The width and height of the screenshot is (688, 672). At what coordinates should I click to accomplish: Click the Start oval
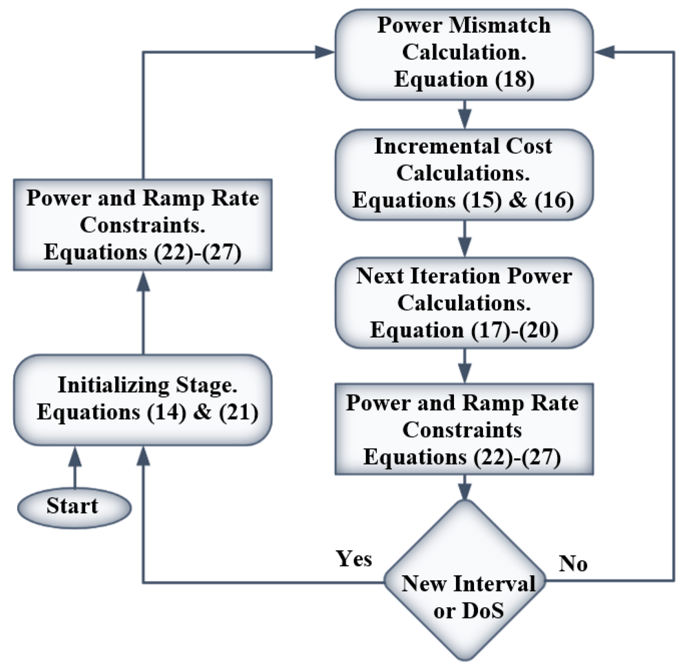click(74, 508)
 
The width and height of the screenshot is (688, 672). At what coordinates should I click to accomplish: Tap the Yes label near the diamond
click(354, 559)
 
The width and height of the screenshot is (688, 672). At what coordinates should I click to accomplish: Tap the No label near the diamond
click(573, 564)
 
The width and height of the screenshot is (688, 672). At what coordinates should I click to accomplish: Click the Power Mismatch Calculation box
click(464, 54)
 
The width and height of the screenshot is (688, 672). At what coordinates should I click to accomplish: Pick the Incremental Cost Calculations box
click(464, 174)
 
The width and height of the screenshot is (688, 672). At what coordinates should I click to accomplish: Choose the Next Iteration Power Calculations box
click(464, 303)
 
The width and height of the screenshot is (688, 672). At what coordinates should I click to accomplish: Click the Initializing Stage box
click(143, 400)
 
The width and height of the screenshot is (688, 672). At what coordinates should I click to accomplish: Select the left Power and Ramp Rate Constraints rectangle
click(143, 225)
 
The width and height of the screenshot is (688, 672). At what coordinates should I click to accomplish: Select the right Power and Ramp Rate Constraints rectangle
click(464, 429)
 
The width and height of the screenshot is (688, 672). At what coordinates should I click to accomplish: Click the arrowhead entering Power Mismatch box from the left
click(325, 52)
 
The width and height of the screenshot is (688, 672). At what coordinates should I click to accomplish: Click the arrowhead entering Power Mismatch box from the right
click(605, 52)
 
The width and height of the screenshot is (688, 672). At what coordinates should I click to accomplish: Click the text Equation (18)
click(464, 79)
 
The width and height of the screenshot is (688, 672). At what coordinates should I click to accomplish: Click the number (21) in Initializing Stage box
click(239, 413)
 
